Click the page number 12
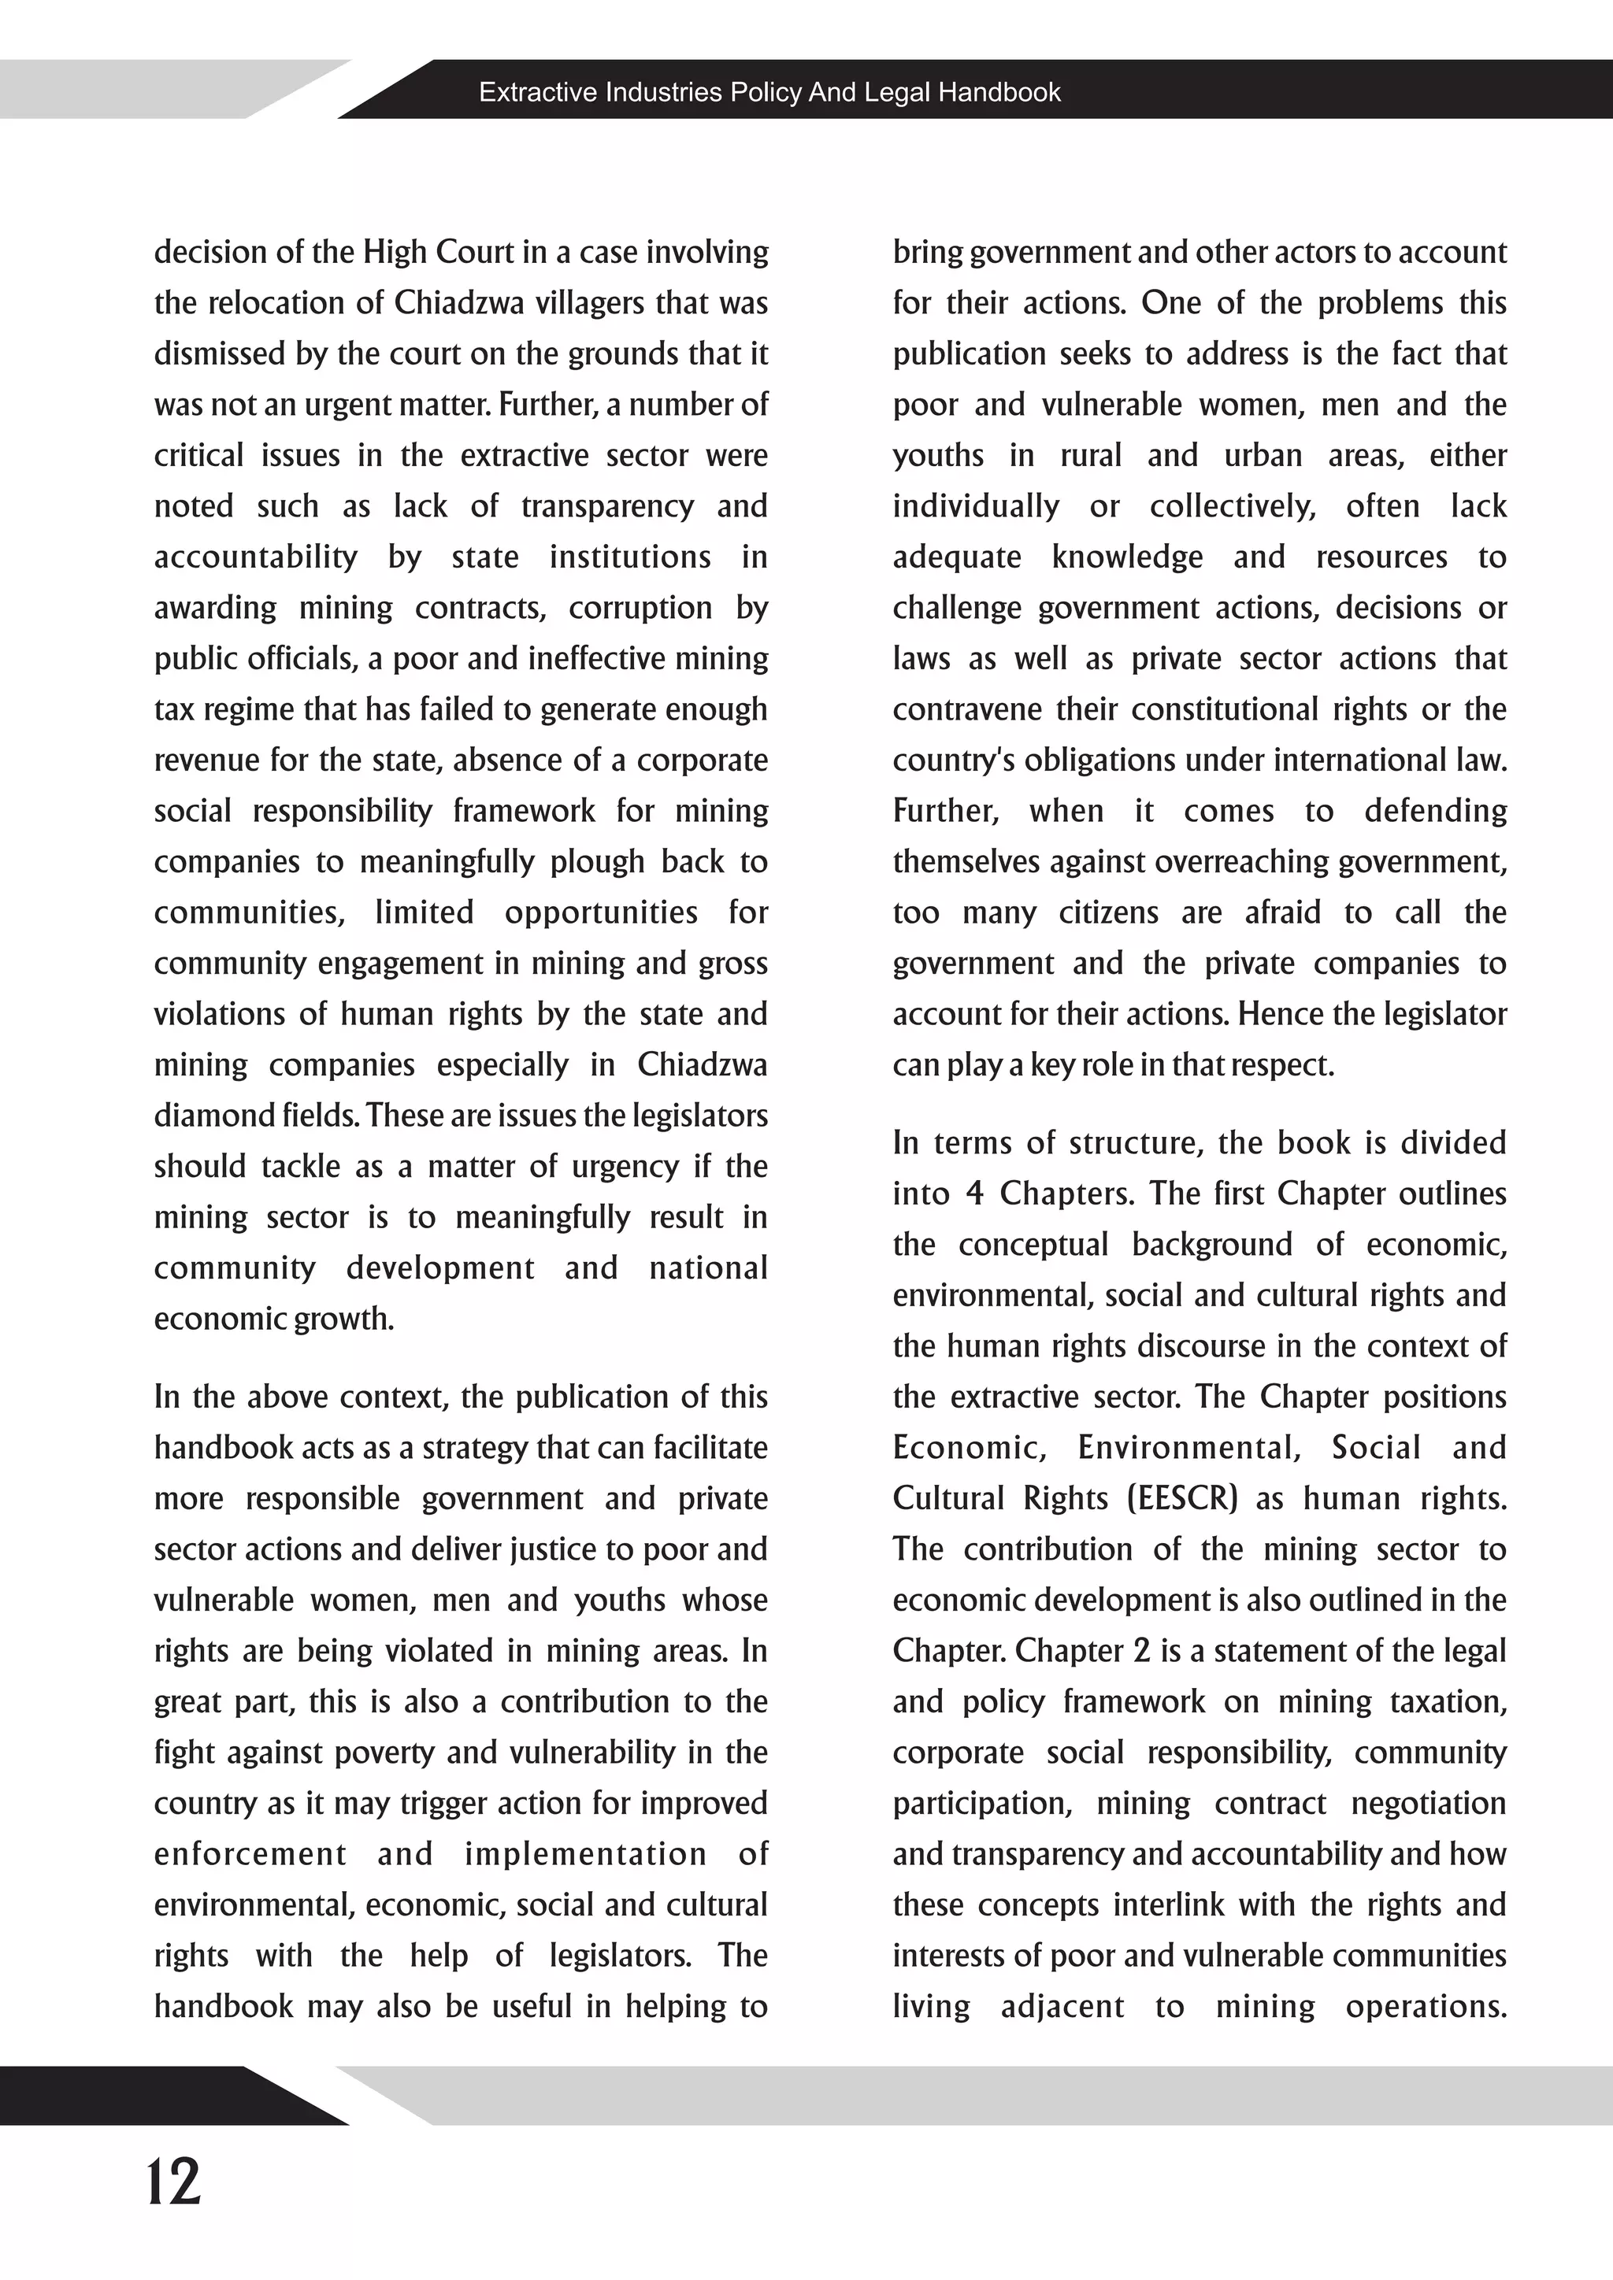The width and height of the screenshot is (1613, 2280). (174, 2182)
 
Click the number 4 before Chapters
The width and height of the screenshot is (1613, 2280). (974, 1194)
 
